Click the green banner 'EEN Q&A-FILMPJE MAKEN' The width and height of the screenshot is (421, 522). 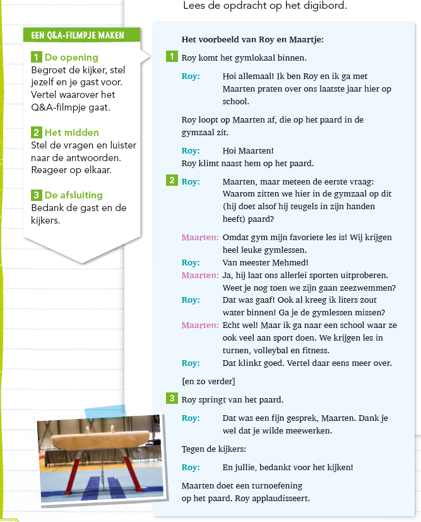point(78,35)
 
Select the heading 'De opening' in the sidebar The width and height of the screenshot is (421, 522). point(71,58)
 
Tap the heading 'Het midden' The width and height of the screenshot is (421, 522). point(72,133)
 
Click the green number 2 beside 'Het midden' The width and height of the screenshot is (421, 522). point(37,133)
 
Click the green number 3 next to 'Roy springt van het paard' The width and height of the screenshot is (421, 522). point(172,399)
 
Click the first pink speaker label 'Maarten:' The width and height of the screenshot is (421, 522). point(200,237)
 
